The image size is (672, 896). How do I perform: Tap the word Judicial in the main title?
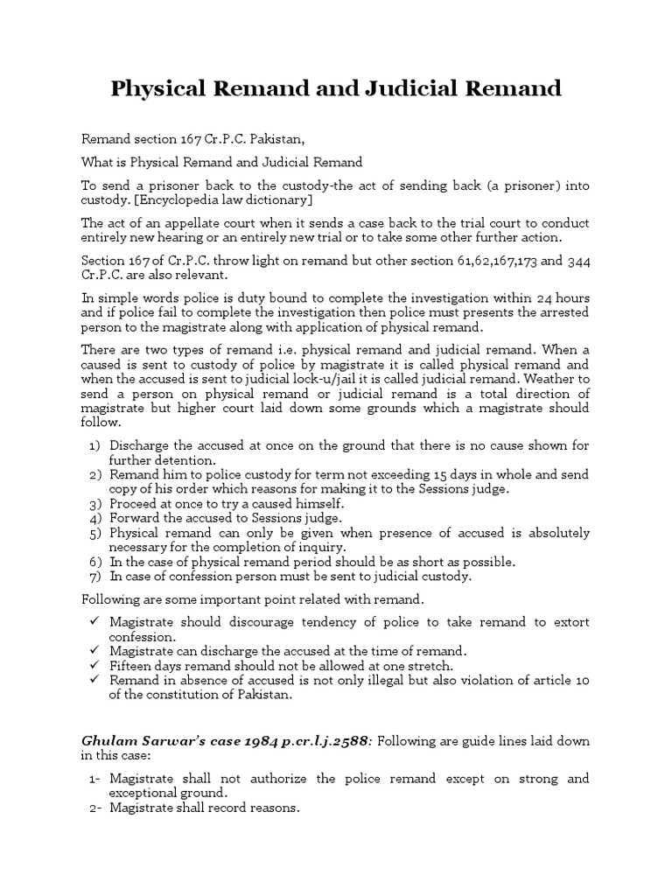(x=429, y=88)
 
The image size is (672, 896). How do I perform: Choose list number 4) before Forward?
(x=95, y=518)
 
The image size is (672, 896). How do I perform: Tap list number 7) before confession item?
(x=95, y=577)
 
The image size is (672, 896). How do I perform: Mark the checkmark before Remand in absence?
(x=94, y=681)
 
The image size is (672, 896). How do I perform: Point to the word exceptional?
(x=142, y=793)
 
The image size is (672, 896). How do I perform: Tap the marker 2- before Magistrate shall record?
(x=95, y=808)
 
